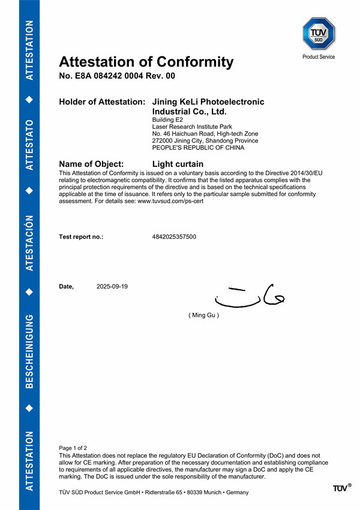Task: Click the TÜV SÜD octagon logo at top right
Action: point(319,34)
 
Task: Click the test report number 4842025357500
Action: point(174,237)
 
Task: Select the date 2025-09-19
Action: point(112,286)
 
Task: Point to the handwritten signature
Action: point(248,295)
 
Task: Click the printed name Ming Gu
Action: point(204,315)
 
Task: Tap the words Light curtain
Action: point(178,164)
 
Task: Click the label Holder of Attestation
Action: point(101,102)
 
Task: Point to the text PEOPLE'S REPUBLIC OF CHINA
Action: point(199,148)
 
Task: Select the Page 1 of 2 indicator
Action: point(73,448)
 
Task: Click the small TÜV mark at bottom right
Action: point(341,488)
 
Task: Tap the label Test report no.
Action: point(81,237)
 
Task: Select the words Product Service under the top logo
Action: point(319,57)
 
